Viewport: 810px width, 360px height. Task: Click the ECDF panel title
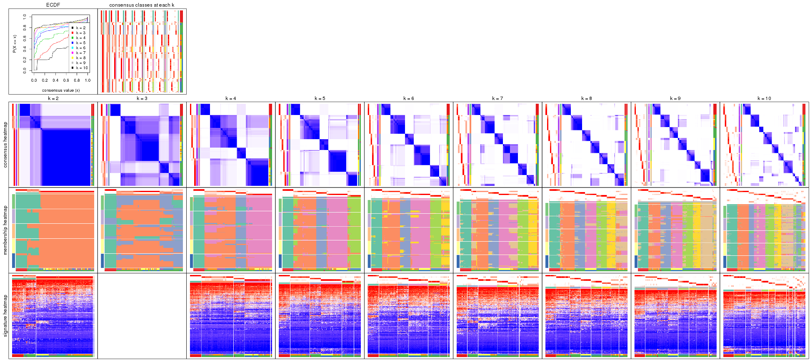click(x=53, y=5)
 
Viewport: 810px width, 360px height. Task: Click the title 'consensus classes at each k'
click(x=142, y=5)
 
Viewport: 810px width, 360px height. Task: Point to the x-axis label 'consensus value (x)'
click(x=61, y=90)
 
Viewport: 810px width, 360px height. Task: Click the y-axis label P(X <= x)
click(x=15, y=43)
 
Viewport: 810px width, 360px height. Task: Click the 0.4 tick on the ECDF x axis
click(x=55, y=80)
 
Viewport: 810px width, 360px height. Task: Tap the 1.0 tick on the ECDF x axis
click(x=87, y=80)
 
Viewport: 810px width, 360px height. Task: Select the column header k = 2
click(x=53, y=99)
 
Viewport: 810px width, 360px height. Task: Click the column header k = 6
click(x=409, y=99)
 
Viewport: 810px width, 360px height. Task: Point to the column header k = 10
click(x=764, y=99)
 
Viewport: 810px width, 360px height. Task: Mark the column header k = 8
click(x=586, y=99)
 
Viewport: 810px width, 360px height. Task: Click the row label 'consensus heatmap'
click(x=5, y=145)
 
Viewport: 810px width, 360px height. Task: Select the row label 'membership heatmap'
click(x=5, y=230)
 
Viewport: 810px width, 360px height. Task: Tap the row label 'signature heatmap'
click(x=5, y=315)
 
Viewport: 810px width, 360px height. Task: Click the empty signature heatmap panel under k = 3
click(x=142, y=315)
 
